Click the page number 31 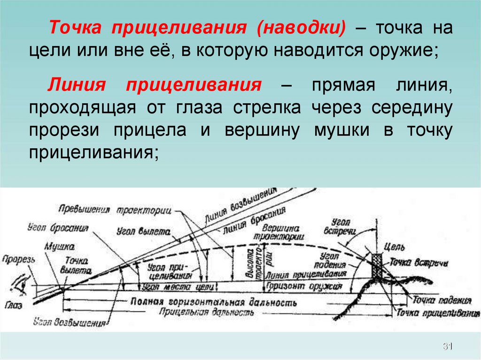click(x=447, y=347)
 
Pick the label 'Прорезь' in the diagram click(x=16, y=259)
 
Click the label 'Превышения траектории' click(x=115, y=209)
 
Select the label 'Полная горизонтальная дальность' click(x=214, y=301)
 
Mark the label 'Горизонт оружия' click(x=297, y=285)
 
